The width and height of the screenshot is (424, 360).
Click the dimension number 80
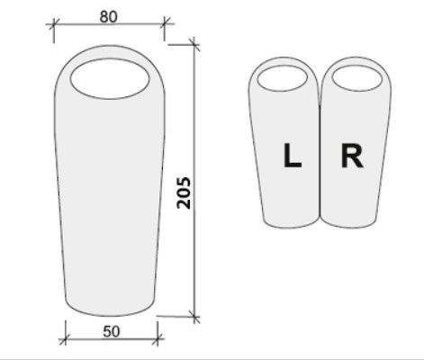[109, 17]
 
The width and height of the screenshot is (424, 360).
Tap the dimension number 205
[184, 193]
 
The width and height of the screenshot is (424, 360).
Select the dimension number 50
[112, 332]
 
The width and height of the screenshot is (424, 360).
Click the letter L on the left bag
[293, 155]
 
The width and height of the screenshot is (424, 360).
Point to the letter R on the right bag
[352, 156]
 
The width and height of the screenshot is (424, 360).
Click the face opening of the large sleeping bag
[110, 78]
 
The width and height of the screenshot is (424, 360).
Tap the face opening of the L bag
[283, 78]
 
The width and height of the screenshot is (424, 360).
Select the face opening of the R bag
[357, 78]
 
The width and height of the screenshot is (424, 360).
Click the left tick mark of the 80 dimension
[54, 23]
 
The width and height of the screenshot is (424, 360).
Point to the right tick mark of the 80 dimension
[164, 23]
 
